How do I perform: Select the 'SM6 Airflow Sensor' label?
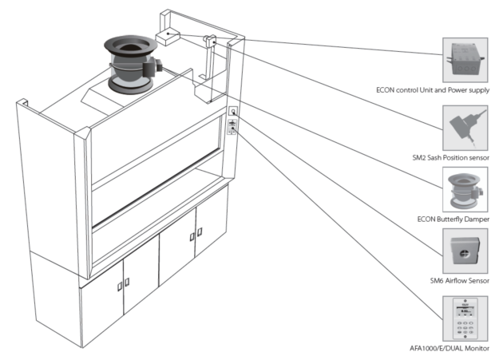tap(459, 280)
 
